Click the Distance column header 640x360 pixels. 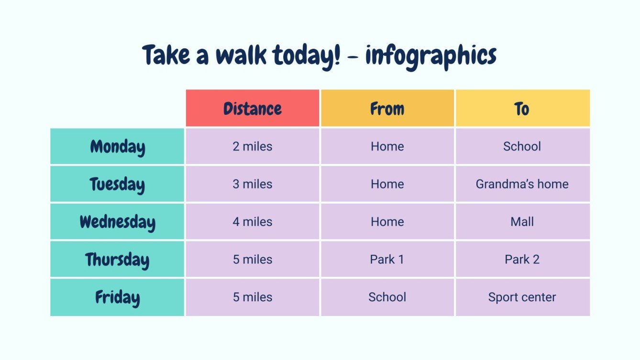coord(253,109)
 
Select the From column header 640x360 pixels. coord(387,109)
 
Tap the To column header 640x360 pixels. coord(522,109)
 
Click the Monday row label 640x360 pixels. coord(117,146)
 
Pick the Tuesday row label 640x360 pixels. coord(117,184)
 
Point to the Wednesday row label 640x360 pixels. coord(117,222)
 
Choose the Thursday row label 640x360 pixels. coord(117,260)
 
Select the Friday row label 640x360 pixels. coord(117,297)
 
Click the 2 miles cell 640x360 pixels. coord(253,146)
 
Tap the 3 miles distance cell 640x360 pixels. coord(253,184)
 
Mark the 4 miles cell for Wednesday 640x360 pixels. coord(253,222)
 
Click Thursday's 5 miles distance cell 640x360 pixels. coord(253,260)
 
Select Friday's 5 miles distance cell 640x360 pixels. coord(253,297)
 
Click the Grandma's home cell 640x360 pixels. coord(522,184)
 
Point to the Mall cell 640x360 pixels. coord(522,222)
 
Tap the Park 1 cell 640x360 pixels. coord(387,260)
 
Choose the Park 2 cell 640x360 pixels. coord(522,260)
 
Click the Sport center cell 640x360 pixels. coord(522,297)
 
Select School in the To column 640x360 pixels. coord(522,146)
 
